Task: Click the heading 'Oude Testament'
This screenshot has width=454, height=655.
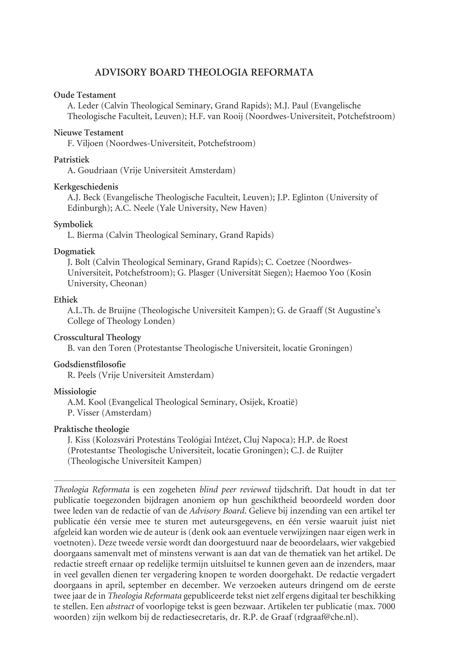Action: click(x=85, y=95)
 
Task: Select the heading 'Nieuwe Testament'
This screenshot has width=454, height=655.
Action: click(x=89, y=133)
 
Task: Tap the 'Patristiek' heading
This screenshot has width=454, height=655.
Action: click(x=71, y=160)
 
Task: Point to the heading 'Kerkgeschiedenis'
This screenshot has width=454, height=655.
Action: click(x=86, y=187)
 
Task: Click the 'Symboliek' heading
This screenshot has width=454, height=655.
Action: click(x=73, y=224)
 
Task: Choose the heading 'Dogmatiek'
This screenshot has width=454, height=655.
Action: click(x=75, y=251)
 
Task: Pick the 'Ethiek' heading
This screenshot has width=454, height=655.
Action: click(x=66, y=299)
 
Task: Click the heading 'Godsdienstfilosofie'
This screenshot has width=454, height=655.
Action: click(x=90, y=364)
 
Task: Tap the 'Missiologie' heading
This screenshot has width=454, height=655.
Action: click(x=75, y=392)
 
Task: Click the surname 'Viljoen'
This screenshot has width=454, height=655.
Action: click(x=90, y=143)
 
